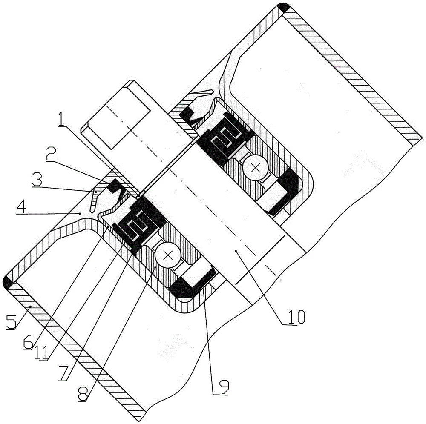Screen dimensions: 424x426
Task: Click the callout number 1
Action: coord(61,121)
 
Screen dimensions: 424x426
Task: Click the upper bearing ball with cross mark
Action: coord(256,167)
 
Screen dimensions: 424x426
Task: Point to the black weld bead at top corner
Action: coord(283,7)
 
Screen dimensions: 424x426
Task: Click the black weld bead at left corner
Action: coord(9,283)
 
